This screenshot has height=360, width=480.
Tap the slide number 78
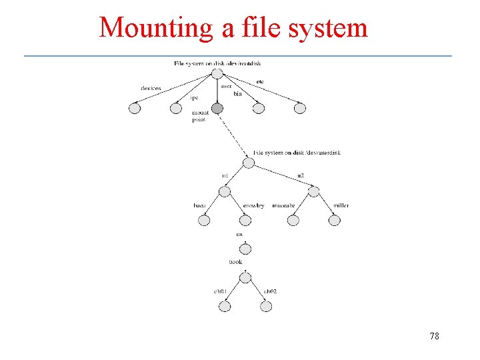[434, 336]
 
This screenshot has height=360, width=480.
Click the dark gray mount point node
[217, 108]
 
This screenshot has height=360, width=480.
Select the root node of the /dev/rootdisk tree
[217, 73]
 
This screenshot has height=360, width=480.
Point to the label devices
[151, 88]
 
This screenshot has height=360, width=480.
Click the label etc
[260, 82]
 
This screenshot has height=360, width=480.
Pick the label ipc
[195, 98]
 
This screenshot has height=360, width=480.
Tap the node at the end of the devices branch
[135, 108]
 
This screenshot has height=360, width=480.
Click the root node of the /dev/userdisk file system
[247, 162]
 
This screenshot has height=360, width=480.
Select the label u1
[225, 175]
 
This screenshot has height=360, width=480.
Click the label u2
[301, 175]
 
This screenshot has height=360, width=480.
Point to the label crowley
[253, 205]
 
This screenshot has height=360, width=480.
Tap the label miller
[341, 205]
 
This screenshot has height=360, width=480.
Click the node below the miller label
[335, 220]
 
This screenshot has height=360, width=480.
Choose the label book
[235, 262]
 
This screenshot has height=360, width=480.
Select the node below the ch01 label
[225, 307]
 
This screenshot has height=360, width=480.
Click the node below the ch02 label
[266, 307]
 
